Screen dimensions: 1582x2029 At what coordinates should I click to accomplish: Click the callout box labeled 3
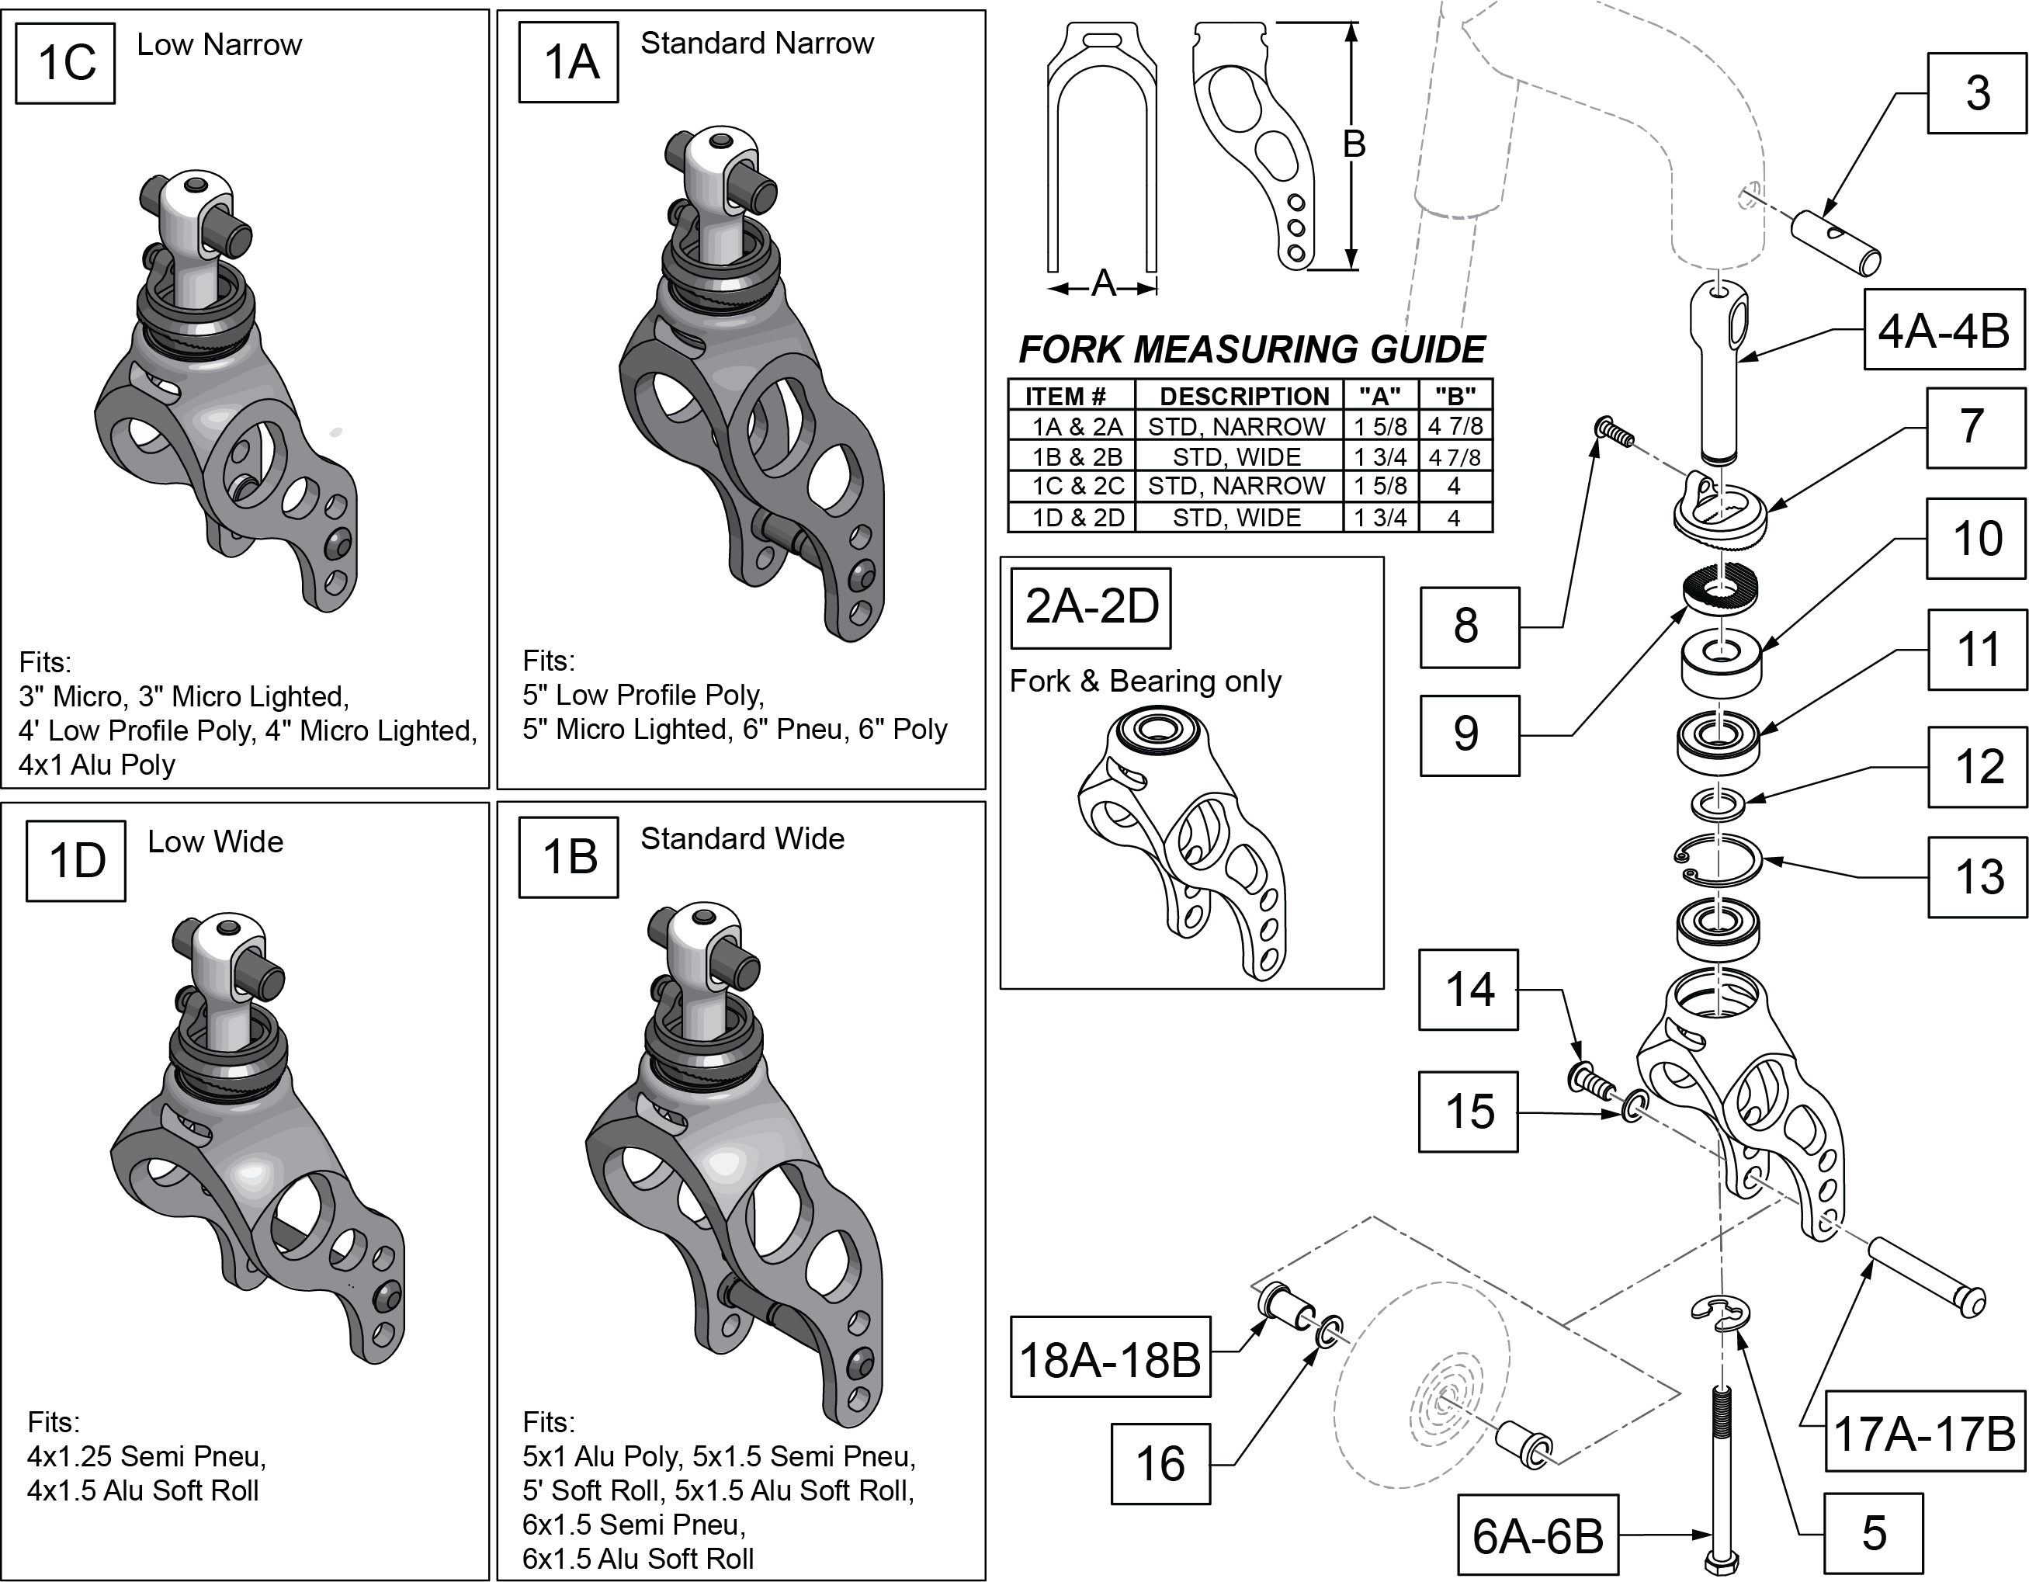[1976, 93]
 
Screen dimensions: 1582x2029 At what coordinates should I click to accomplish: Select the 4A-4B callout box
[1943, 331]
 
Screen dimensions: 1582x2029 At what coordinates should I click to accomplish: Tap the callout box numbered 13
[1978, 877]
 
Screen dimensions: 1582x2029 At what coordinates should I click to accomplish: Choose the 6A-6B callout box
[1538, 1535]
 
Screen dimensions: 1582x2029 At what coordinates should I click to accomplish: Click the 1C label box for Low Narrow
[66, 63]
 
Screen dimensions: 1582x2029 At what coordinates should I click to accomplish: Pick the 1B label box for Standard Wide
[568, 856]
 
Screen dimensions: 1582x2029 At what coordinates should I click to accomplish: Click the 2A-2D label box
[1091, 608]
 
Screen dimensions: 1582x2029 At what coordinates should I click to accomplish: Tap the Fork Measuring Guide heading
[1251, 350]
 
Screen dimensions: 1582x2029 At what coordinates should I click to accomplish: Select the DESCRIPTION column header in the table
[1243, 397]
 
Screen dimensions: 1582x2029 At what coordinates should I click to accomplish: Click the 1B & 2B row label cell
[1076, 457]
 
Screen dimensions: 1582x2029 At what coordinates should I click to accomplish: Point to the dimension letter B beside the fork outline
[1354, 144]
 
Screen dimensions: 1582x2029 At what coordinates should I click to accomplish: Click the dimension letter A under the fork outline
[1103, 283]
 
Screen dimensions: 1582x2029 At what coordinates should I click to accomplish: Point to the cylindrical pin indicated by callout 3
[1836, 242]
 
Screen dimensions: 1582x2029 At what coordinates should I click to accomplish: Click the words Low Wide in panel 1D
[216, 841]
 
